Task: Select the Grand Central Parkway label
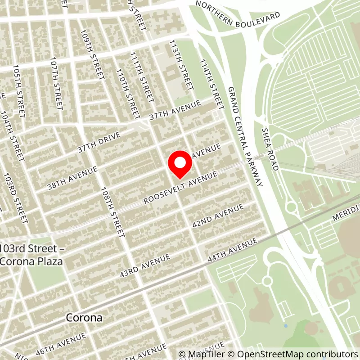click(x=245, y=136)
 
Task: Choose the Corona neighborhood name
click(x=84, y=318)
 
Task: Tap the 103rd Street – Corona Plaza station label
click(x=31, y=255)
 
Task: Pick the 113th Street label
click(x=182, y=63)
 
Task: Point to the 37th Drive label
click(x=99, y=142)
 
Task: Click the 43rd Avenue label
click(x=144, y=265)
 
